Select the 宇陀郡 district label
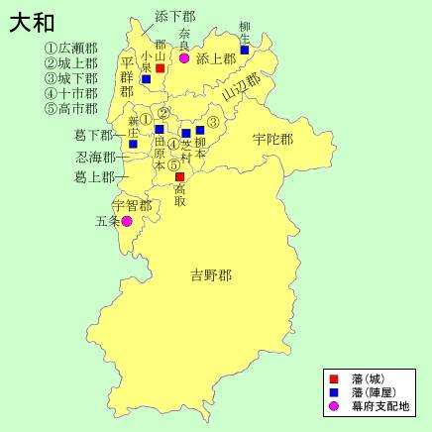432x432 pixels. pos(272,140)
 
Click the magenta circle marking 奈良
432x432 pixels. pos(184,58)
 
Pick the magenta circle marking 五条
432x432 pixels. pos(126,221)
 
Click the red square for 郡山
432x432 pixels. pos(161,68)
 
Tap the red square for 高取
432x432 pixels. pos(179,176)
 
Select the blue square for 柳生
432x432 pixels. pos(245,50)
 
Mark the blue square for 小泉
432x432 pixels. pos(146,79)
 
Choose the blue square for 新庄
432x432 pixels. pos(133,143)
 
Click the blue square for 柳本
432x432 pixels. pos(200,130)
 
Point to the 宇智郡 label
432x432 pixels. pos(131,205)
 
